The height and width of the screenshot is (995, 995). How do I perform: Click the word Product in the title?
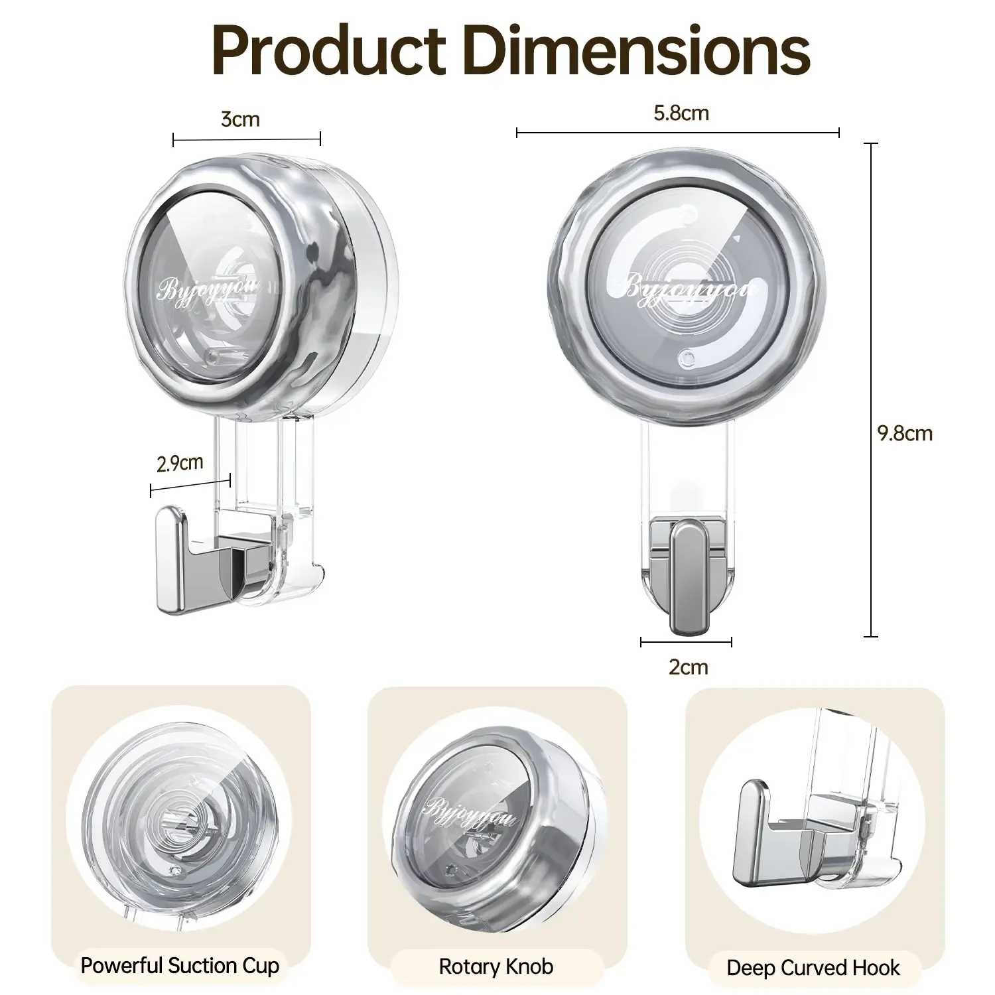pyautogui.click(x=329, y=51)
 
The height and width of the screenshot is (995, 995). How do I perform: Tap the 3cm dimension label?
pyautogui.click(x=240, y=119)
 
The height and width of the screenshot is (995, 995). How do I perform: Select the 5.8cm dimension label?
pyautogui.click(x=681, y=113)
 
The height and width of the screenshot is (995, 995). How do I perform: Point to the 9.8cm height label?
pyautogui.click(x=905, y=434)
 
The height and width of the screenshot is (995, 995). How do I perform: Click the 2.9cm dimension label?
pyautogui.click(x=180, y=463)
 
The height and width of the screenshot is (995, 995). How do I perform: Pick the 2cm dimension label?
pyautogui.click(x=688, y=667)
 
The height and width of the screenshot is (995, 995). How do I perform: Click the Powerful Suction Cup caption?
pyautogui.click(x=180, y=966)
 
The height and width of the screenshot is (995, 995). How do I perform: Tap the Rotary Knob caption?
pyautogui.click(x=496, y=966)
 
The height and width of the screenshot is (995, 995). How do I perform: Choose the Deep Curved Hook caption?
pyautogui.click(x=813, y=968)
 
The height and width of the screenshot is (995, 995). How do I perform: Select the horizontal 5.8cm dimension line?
pyautogui.click(x=677, y=133)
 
